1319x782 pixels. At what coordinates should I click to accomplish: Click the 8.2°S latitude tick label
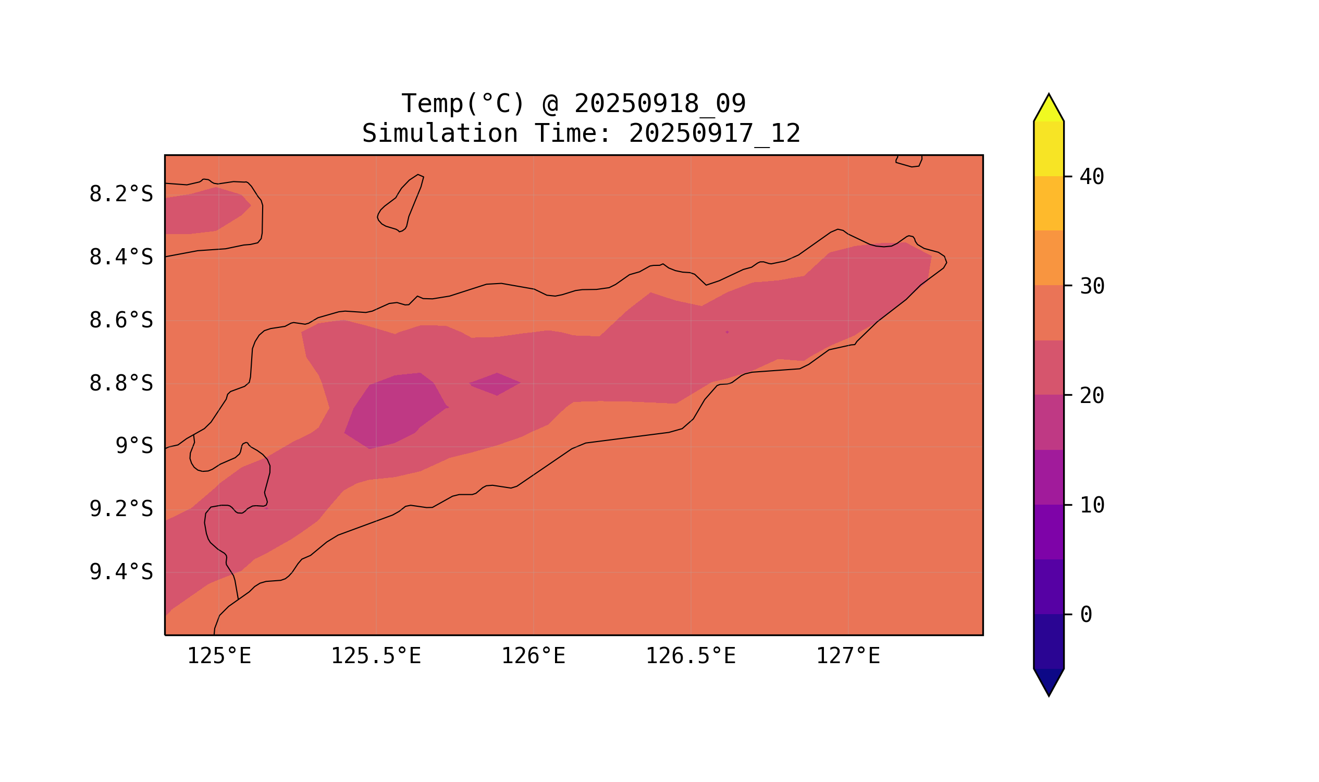click(120, 194)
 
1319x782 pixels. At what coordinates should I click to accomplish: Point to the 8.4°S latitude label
click(120, 258)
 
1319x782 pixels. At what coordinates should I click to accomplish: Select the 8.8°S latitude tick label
click(120, 384)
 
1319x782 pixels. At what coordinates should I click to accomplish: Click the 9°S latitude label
click(134, 446)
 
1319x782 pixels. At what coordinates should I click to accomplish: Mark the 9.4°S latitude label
click(120, 572)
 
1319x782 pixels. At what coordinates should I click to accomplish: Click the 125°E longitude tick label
click(219, 656)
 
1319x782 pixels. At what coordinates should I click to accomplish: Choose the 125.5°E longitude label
click(376, 656)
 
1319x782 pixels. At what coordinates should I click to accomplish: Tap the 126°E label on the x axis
click(533, 656)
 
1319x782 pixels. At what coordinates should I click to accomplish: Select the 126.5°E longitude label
click(690, 656)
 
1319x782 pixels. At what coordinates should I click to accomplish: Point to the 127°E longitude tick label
click(847, 656)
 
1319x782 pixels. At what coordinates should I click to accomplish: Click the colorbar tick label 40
click(1091, 177)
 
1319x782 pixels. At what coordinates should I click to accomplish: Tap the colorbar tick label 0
click(1086, 615)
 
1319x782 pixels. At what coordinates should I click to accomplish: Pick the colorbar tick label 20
click(1091, 396)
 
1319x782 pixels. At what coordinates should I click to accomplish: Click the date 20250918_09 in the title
click(660, 104)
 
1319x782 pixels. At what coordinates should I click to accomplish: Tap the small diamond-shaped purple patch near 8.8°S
click(495, 384)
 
